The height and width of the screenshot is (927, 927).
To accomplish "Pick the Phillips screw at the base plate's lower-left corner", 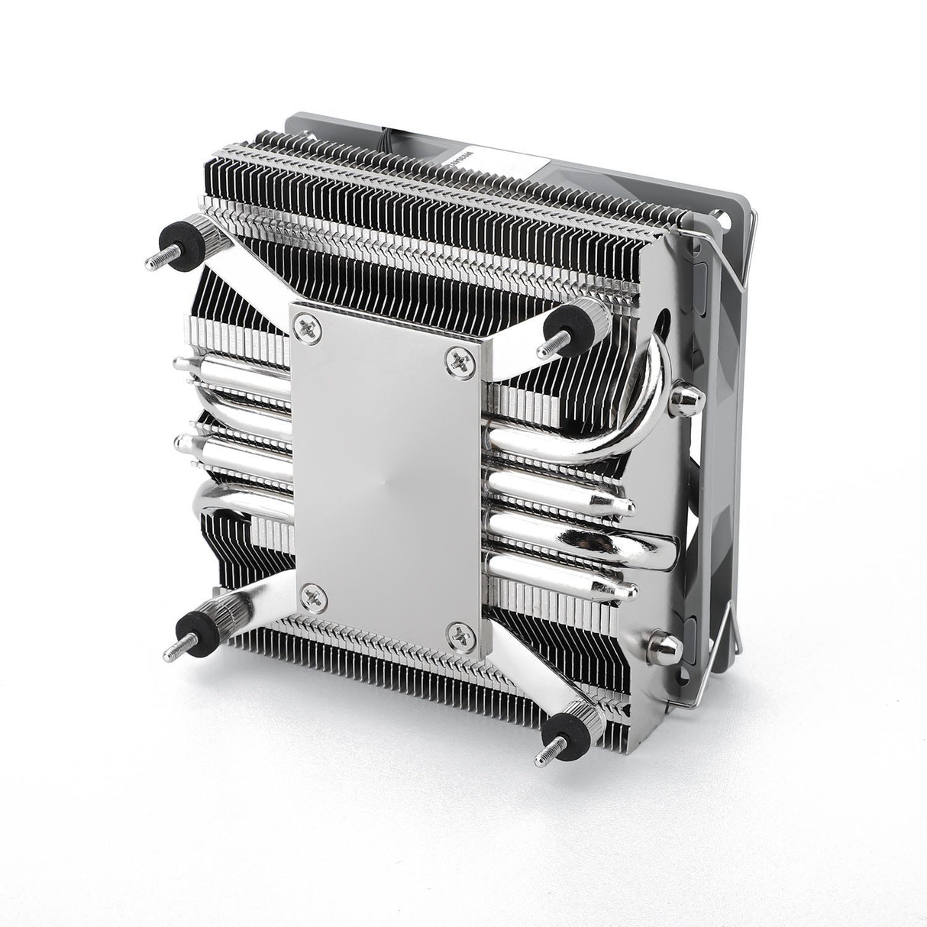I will click(x=312, y=593).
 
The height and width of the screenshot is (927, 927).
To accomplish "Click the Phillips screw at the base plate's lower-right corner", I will click(x=458, y=630).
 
